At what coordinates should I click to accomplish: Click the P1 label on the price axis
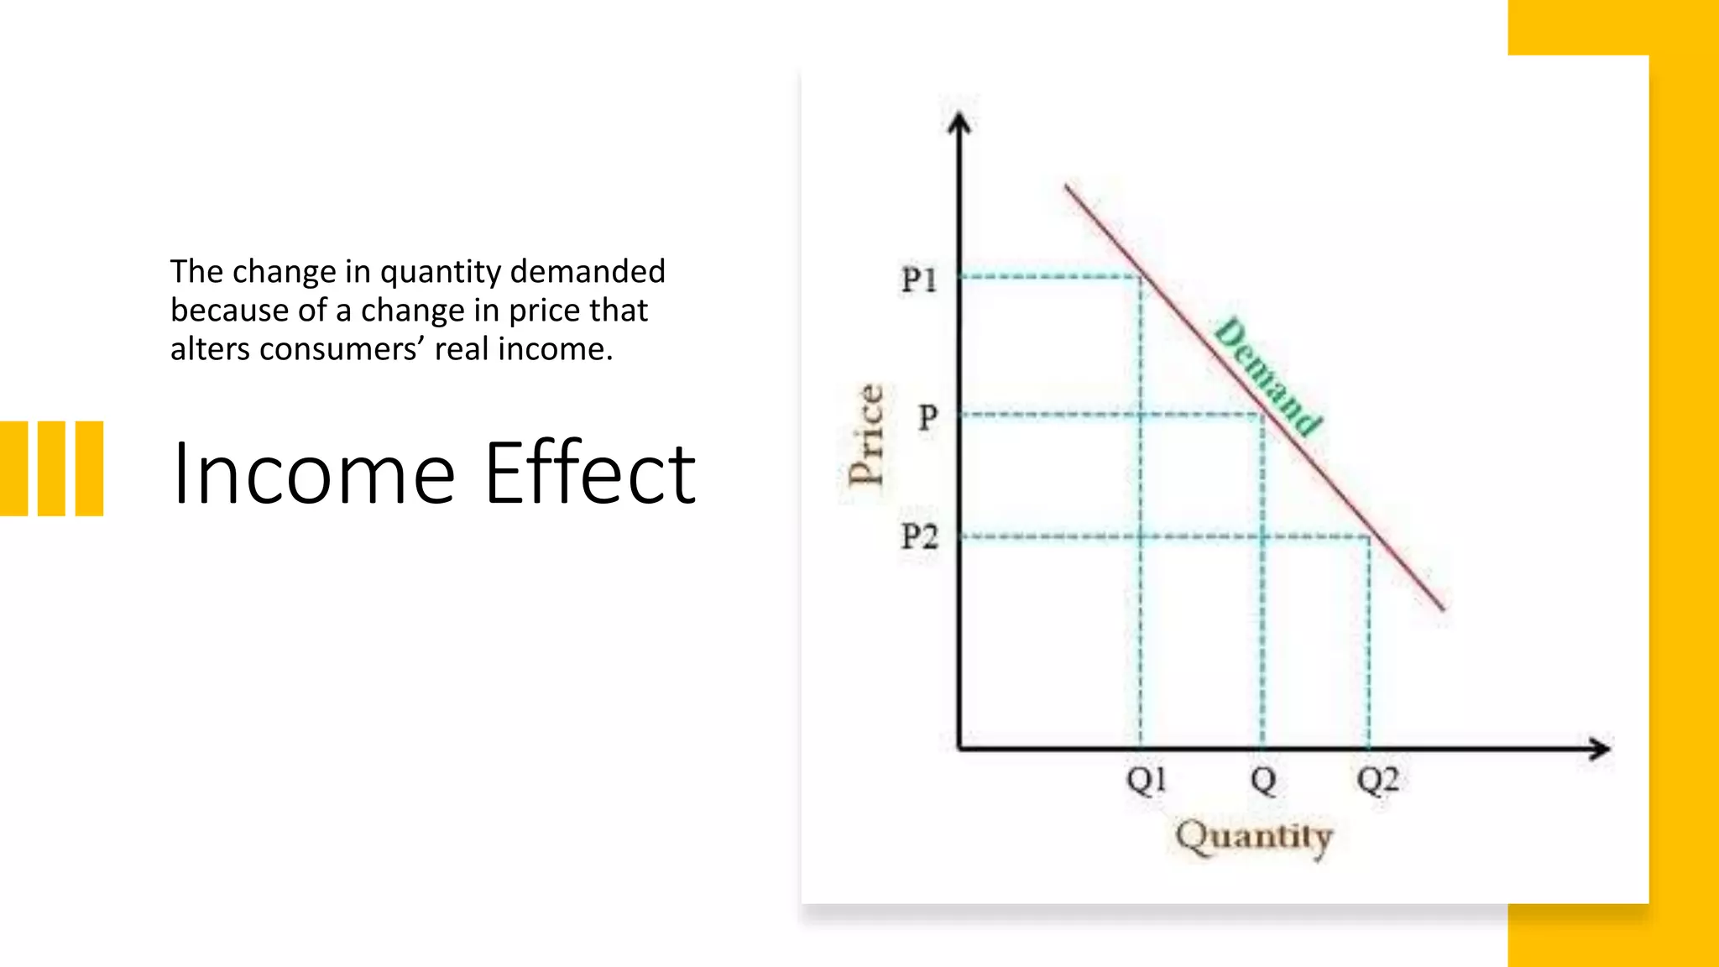(x=919, y=280)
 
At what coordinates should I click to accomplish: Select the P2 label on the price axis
(x=919, y=536)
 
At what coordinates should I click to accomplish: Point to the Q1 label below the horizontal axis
(x=1146, y=780)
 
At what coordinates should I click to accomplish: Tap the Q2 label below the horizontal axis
(x=1377, y=780)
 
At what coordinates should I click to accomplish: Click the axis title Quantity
(x=1254, y=837)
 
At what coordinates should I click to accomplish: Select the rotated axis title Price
(x=865, y=435)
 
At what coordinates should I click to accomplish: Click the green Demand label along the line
(x=1268, y=376)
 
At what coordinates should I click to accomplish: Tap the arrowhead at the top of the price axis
(x=959, y=124)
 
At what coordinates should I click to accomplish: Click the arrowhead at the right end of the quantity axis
(x=1601, y=749)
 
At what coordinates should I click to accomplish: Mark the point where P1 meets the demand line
(x=1141, y=276)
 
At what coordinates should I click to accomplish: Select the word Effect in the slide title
(x=590, y=473)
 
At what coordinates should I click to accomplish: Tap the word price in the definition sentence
(x=540, y=311)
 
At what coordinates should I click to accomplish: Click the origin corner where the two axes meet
(x=959, y=748)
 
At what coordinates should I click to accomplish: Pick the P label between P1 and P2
(x=927, y=416)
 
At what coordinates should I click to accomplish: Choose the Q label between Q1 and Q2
(x=1263, y=780)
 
